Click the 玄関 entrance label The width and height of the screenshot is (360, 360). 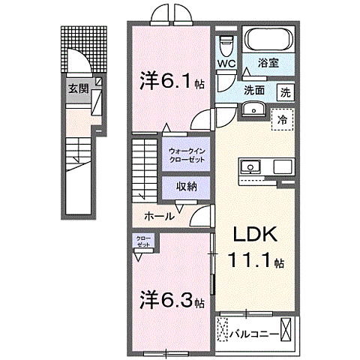(77, 88)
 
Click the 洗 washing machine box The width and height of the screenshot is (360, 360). (286, 93)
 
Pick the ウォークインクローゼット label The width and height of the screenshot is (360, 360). (184, 154)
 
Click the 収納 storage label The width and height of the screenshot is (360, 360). (187, 187)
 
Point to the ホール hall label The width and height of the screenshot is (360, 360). (159, 216)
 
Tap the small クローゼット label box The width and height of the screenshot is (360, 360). (142, 242)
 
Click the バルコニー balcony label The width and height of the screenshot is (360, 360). (256, 332)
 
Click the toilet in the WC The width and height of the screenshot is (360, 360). (226, 43)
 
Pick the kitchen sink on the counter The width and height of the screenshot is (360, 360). (250, 166)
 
